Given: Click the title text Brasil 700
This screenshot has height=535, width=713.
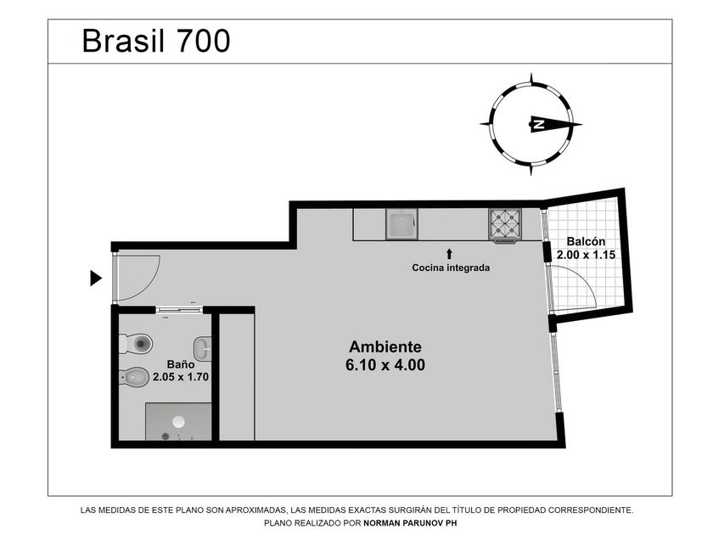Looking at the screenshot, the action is click(156, 41).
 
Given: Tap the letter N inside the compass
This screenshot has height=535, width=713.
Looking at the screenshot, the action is click(539, 124).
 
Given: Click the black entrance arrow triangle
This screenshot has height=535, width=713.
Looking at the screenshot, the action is click(95, 278).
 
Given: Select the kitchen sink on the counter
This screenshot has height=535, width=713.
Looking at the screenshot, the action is click(402, 224).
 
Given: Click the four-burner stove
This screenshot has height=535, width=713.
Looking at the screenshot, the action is click(505, 224).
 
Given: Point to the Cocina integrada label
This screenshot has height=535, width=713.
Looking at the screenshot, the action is click(451, 267).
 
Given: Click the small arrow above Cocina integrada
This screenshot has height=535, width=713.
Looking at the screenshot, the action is click(449, 254).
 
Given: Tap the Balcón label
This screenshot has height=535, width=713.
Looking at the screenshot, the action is click(587, 241).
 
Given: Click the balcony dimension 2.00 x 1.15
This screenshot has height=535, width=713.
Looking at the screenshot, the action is click(587, 255).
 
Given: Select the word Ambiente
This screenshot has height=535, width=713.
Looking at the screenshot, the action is click(385, 346).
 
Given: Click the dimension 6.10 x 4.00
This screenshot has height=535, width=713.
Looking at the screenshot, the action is click(385, 365).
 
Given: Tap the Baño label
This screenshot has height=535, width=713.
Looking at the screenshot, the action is click(181, 364).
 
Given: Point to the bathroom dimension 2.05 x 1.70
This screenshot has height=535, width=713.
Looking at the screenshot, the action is click(181, 377).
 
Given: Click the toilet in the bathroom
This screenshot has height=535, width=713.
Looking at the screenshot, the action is click(136, 343).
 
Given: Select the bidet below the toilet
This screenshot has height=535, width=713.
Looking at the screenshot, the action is click(134, 377).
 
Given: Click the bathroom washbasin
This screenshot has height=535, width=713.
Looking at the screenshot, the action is click(203, 349).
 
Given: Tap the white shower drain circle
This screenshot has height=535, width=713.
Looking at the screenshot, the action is click(179, 422).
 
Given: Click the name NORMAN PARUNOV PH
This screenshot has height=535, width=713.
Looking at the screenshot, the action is click(410, 523).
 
